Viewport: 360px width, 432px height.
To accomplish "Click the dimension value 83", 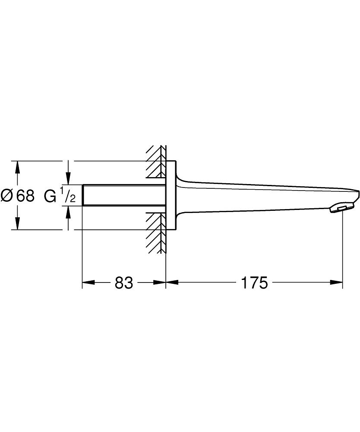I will (x=123, y=283).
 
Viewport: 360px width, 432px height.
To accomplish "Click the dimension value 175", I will (x=254, y=283).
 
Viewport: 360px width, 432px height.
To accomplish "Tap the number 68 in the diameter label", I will (x=25, y=196).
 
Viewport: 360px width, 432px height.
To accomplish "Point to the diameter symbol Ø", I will (x=7, y=196).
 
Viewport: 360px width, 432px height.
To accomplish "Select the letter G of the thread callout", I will (x=50, y=196).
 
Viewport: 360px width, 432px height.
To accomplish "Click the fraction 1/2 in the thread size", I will (x=68, y=195).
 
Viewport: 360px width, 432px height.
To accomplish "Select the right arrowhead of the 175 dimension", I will (x=337, y=283).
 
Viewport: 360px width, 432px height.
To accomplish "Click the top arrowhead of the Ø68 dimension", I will (x=17, y=166).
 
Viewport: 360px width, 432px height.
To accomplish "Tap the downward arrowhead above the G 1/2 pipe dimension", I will (x=68, y=179).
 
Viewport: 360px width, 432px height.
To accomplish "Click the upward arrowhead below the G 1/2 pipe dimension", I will (x=68, y=211).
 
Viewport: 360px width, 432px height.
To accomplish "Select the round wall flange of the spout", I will (x=171, y=195).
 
